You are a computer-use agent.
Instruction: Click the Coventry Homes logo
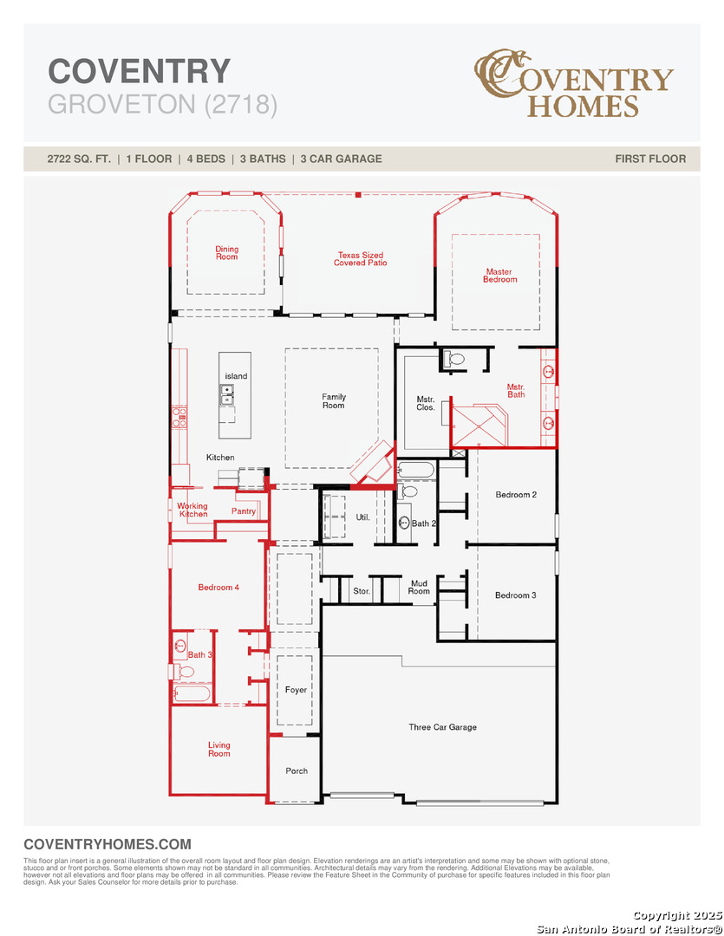click(x=574, y=83)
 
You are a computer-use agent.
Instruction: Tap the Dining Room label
click(x=226, y=252)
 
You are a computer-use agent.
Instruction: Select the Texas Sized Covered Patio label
click(x=360, y=258)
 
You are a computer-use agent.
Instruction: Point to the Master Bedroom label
click(x=500, y=276)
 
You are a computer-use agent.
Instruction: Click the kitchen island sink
click(x=227, y=394)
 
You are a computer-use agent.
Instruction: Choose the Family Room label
click(x=333, y=400)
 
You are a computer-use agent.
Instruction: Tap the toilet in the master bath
click(x=454, y=360)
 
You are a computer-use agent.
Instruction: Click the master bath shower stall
click(x=479, y=425)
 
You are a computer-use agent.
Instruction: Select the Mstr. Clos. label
click(x=426, y=403)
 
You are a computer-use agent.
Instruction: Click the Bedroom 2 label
click(x=516, y=494)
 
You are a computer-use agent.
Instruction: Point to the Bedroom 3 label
click(x=516, y=595)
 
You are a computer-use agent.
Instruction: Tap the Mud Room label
click(x=419, y=588)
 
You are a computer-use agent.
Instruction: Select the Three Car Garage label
click(x=443, y=727)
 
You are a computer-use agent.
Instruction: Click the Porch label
click(x=297, y=770)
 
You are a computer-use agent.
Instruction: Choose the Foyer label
click(x=296, y=690)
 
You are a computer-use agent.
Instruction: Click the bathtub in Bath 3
click(x=192, y=693)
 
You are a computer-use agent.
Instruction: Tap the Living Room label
click(x=219, y=749)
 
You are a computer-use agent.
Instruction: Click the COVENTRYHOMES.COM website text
click(x=108, y=844)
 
